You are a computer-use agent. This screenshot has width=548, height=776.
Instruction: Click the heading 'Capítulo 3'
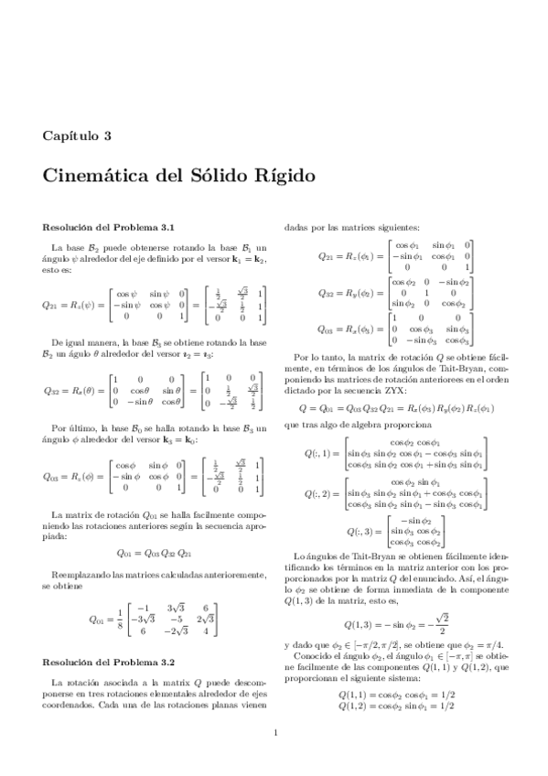tap(77, 135)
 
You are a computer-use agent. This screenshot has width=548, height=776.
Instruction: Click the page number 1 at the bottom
tap(274, 758)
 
